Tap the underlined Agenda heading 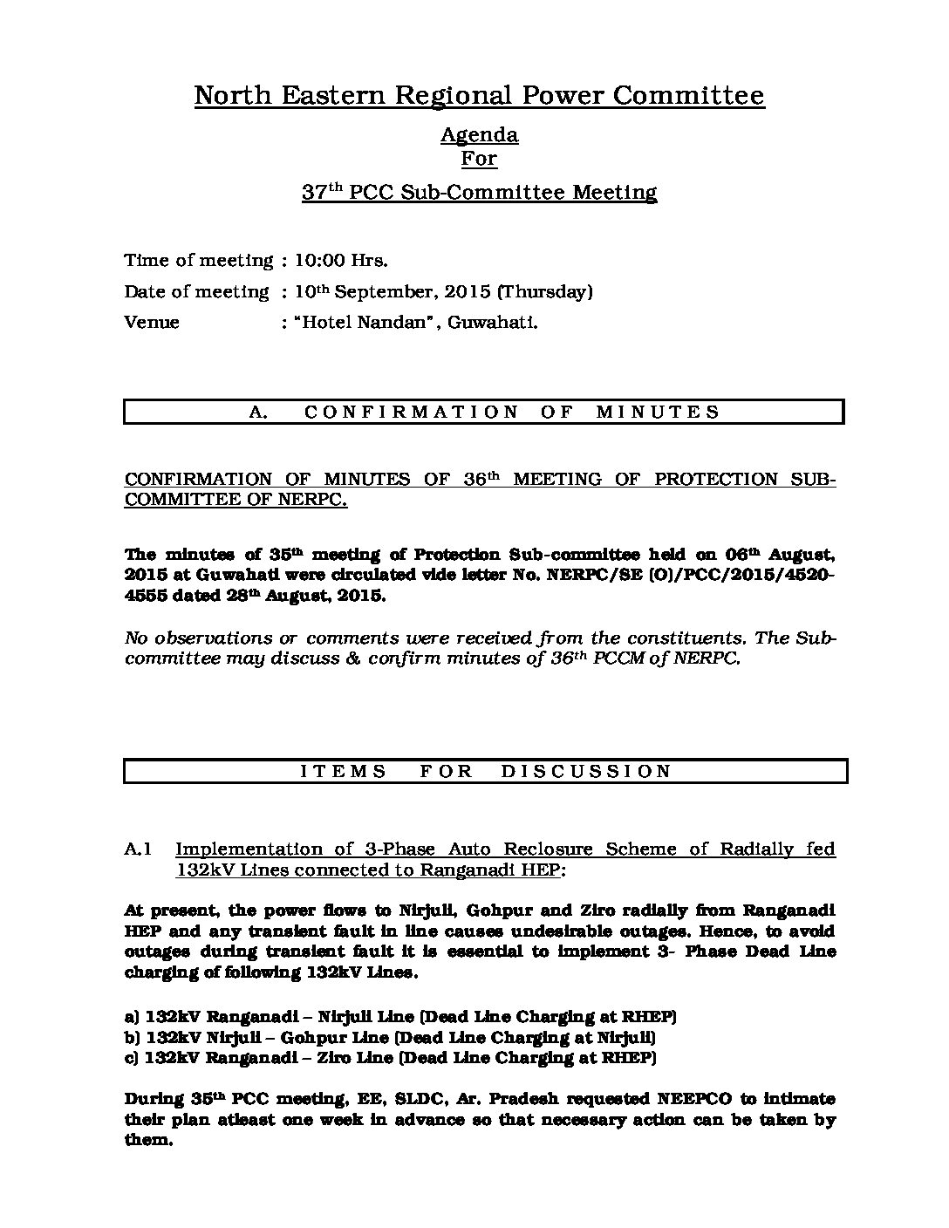point(479,135)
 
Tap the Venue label point(152,323)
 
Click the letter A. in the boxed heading point(258,413)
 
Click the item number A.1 point(140,849)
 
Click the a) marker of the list point(133,1017)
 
